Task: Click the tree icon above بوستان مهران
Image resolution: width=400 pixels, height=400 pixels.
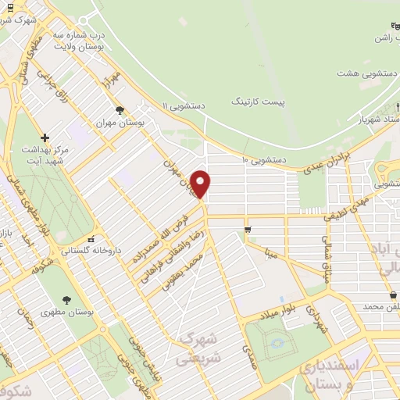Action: (x=119, y=110)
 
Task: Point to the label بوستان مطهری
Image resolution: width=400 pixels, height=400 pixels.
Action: (x=67, y=310)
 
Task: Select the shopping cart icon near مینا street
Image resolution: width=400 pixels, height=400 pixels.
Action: (x=248, y=229)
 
